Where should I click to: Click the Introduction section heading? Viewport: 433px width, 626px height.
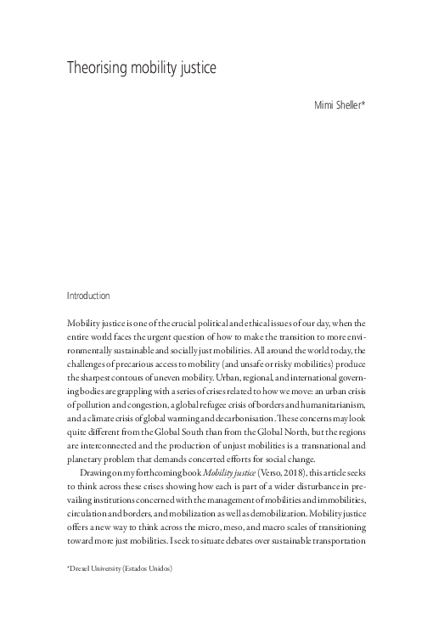pyautogui.click(x=88, y=296)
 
